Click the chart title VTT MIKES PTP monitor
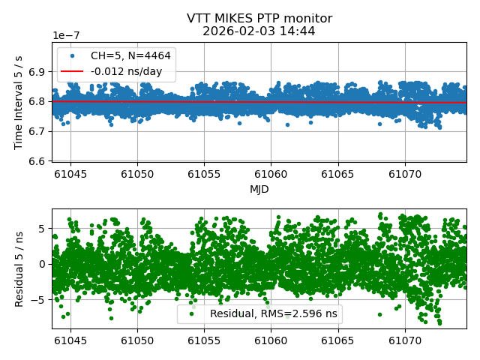pyautogui.click(x=259, y=19)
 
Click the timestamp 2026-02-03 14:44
pyautogui.click(x=259, y=31)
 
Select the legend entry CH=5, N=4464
pyautogui.click(x=130, y=55)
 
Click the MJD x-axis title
pyautogui.click(x=259, y=189)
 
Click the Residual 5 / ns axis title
pyautogui.click(x=19, y=268)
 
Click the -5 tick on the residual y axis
pyautogui.click(x=40, y=299)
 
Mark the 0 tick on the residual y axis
pyautogui.click(x=43, y=264)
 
